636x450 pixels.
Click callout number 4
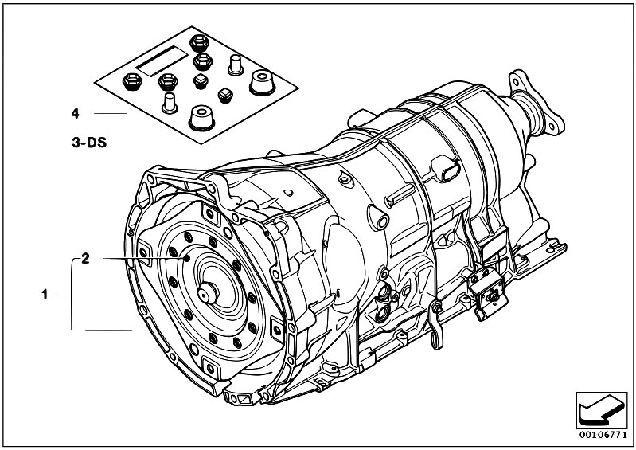75,113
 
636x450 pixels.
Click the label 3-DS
89,143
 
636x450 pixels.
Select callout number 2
85,259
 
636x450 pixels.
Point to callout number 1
45,295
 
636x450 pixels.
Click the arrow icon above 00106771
602,410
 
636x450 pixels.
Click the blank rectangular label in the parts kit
162,61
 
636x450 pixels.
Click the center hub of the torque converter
208,293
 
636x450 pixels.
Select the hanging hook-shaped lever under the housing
436,325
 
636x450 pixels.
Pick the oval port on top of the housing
447,168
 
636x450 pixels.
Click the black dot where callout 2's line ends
187,259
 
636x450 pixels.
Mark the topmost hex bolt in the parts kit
199,42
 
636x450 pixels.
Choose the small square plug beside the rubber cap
225,96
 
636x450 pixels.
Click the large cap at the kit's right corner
262,82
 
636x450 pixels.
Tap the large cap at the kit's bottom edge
201,118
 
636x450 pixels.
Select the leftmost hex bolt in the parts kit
132,81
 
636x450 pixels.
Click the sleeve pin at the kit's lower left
169,103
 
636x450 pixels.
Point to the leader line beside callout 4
111,113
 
